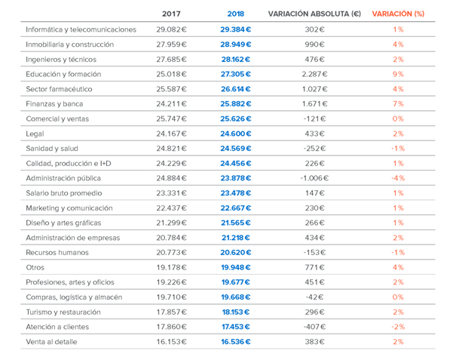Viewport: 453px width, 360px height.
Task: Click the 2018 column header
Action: [235, 14]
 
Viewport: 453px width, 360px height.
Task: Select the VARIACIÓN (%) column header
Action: [398, 14]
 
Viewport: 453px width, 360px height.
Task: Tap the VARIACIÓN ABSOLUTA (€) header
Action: [314, 14]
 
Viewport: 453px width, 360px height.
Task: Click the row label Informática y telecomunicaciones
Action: [81, 29]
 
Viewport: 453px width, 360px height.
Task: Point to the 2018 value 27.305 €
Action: [236, 74]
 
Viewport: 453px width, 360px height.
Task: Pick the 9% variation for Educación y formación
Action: [398, 74]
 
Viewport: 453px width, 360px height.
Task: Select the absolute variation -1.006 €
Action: [314, 178]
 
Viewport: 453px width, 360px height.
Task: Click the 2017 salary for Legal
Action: [171, 134]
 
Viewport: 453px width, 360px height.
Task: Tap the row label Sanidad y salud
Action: [52, 149]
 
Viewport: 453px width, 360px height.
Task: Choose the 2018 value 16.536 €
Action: [236, 342]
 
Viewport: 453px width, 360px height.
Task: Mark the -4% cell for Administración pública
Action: [398, 178]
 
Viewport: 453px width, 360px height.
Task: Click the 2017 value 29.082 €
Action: [171, 29]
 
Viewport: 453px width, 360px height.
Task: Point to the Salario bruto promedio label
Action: [64, 193]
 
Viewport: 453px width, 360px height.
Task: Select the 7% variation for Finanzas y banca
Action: [398, 104]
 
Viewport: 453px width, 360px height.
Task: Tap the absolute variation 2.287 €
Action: [314, 74]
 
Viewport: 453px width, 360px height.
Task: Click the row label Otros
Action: [35, 267]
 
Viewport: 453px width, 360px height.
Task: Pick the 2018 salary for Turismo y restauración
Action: [236, 312]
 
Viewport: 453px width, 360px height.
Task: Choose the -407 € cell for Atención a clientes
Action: [314, 327]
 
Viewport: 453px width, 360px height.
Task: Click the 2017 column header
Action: [171, 14]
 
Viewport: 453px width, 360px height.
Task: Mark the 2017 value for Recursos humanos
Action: [171, 253]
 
